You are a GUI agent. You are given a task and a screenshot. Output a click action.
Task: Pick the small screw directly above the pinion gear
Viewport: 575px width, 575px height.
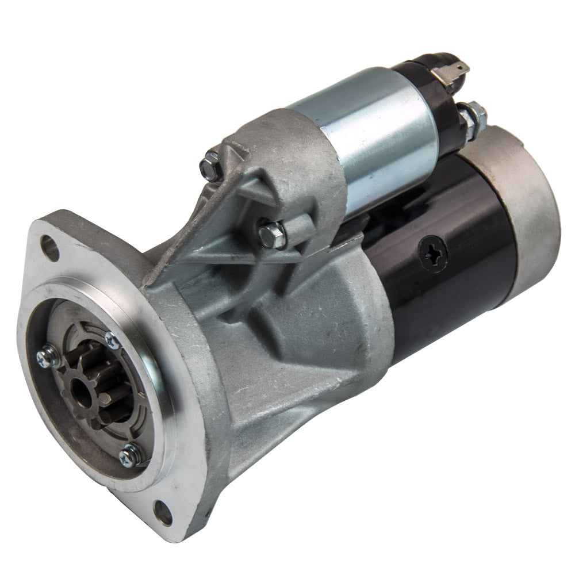click(113, 340)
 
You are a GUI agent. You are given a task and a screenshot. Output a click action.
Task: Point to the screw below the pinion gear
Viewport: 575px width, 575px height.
click(131, 455)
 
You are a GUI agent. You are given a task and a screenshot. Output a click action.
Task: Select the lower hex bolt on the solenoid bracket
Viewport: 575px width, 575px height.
click(272, 235)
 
